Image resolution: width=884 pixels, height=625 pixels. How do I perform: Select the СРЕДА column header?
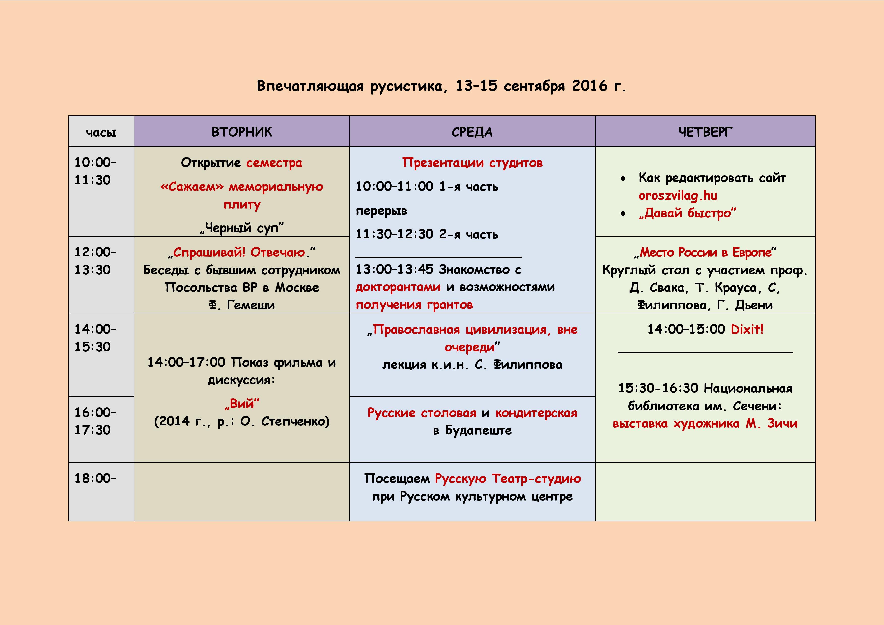(472, 132)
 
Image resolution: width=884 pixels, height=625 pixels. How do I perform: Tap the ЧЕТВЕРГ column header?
(705, 132)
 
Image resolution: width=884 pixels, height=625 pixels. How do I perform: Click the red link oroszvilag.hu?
(678, 195)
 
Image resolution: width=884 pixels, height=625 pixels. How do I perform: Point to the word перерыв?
(381, 211)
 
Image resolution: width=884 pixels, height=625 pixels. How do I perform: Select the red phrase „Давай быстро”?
(687, 213)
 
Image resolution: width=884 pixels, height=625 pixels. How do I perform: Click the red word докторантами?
(398, 287)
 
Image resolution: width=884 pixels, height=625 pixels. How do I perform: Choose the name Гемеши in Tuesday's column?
(251, 305)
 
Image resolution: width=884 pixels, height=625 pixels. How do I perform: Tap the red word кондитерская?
(536, 413)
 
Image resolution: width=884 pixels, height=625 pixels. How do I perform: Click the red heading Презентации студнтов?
(472, 163)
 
